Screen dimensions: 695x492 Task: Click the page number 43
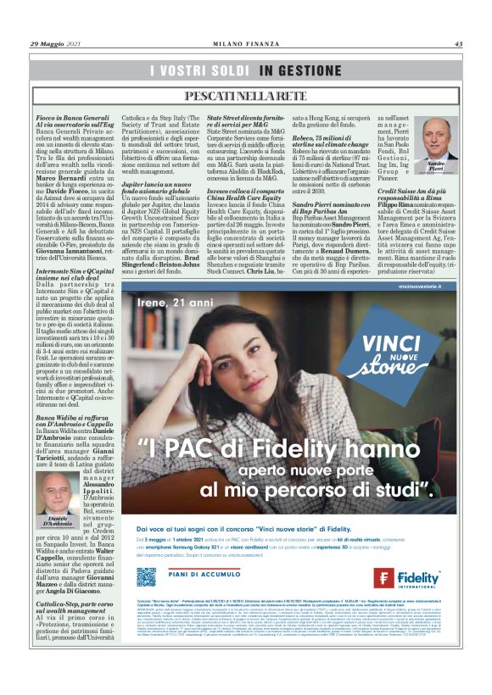point(458,44)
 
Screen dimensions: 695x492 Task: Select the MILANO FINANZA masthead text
point(246,44)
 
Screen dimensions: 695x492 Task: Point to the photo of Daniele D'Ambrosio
point(57,490)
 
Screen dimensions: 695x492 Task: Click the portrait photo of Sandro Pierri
point(436,136)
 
